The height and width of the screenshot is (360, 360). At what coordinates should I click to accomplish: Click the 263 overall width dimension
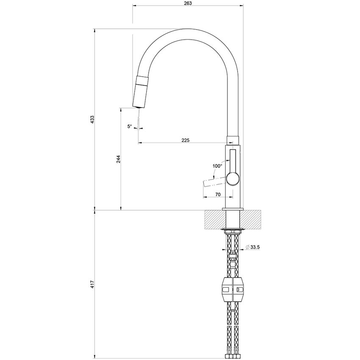(x=188, y=3)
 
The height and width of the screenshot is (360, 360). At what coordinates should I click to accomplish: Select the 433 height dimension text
(x=92, y=119)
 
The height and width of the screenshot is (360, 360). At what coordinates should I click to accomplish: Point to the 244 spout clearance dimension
(x=119, y=159)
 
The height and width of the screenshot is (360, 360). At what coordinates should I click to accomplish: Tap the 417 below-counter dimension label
(x=92, y=284)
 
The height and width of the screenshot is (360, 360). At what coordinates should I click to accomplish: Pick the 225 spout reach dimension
(x=186, y=140)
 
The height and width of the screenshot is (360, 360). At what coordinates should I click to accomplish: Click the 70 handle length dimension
(x=218, y=194)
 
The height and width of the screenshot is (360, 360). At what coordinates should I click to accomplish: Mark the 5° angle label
(x=130, y=126)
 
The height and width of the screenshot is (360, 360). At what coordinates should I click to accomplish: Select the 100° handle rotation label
(x=217, y=166)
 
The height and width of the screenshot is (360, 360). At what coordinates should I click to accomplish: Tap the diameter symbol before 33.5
(x=247, y=247)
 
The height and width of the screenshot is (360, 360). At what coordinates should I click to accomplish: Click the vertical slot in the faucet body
(x=233, y=160)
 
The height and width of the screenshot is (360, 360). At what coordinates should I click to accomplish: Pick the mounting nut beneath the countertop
(x=233, y=231)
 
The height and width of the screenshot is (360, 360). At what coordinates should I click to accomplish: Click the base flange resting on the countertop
(x=233, y=209)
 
